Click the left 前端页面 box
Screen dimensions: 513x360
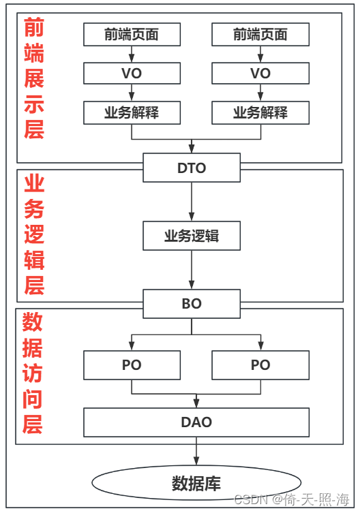pyautogui.click(x=132, y=34)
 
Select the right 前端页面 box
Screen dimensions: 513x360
pyautogui.click(x=260, y=34)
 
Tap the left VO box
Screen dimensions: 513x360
pyautogui.click(x=132, y=74)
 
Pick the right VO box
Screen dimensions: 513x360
pyautogui.click(x=260, y=74)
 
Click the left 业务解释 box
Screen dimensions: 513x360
pyautogui.click(x=132, y=113)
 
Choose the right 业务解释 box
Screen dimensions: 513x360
pyautogui.click(x=260, y=113)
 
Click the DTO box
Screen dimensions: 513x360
pyautogui.click(x=192, y=168)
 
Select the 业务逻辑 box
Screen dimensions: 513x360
pyautogui.click(x=192, y=236)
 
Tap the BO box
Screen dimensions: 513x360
pyautogui.click(x=192, y=303)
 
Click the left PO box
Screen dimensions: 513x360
pyautogui.click(x=132, y=364)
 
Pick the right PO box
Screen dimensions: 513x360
pyautogui.click(x=260, y=364)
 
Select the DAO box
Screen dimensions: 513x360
pyautogui.click(x=196, y=422)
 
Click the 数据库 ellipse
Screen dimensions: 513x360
pyautogui.click(x=196, y=483)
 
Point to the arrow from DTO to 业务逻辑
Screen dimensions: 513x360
pyautogui.click(x=192, y=201)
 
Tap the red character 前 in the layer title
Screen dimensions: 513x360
pyautogui.click(x=34, y=28)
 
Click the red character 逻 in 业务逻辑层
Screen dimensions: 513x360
pyautogui.click(x=34, y=233)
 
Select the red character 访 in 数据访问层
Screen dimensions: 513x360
pyautogui.click(x=33, y=373)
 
